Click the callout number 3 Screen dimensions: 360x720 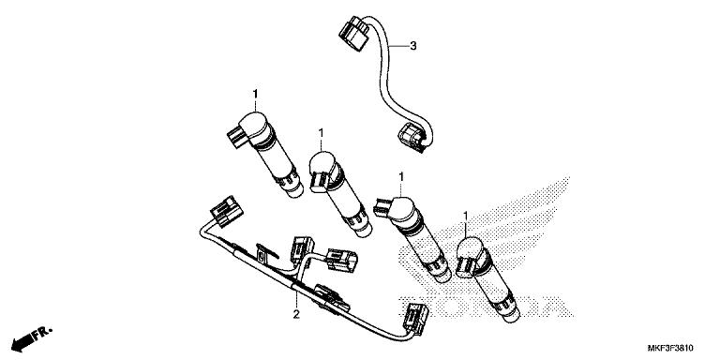click(x=413, y=45)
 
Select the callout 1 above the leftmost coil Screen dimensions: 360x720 click(x=256, y=94)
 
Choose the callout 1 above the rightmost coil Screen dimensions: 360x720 click(x=467, y=217)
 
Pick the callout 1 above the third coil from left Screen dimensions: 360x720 click(x=401, y=176)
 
